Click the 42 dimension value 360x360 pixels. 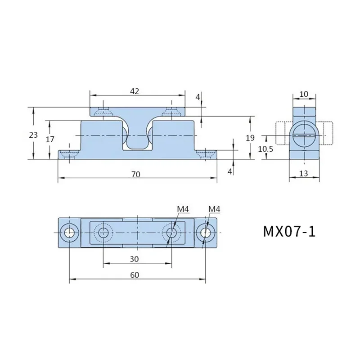pos(135,91)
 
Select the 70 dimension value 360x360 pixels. pos(136,175)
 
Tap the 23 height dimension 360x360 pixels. pos(33,135)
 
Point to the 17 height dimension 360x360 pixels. pos(50,139)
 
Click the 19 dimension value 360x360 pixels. pos(250,138)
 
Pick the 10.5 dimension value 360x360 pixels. pos(265,149)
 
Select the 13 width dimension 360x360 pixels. pos(303,173)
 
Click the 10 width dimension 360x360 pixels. pos(304,94)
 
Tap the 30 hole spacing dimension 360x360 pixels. pos(134,259)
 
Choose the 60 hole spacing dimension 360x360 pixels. pos(135,275)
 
